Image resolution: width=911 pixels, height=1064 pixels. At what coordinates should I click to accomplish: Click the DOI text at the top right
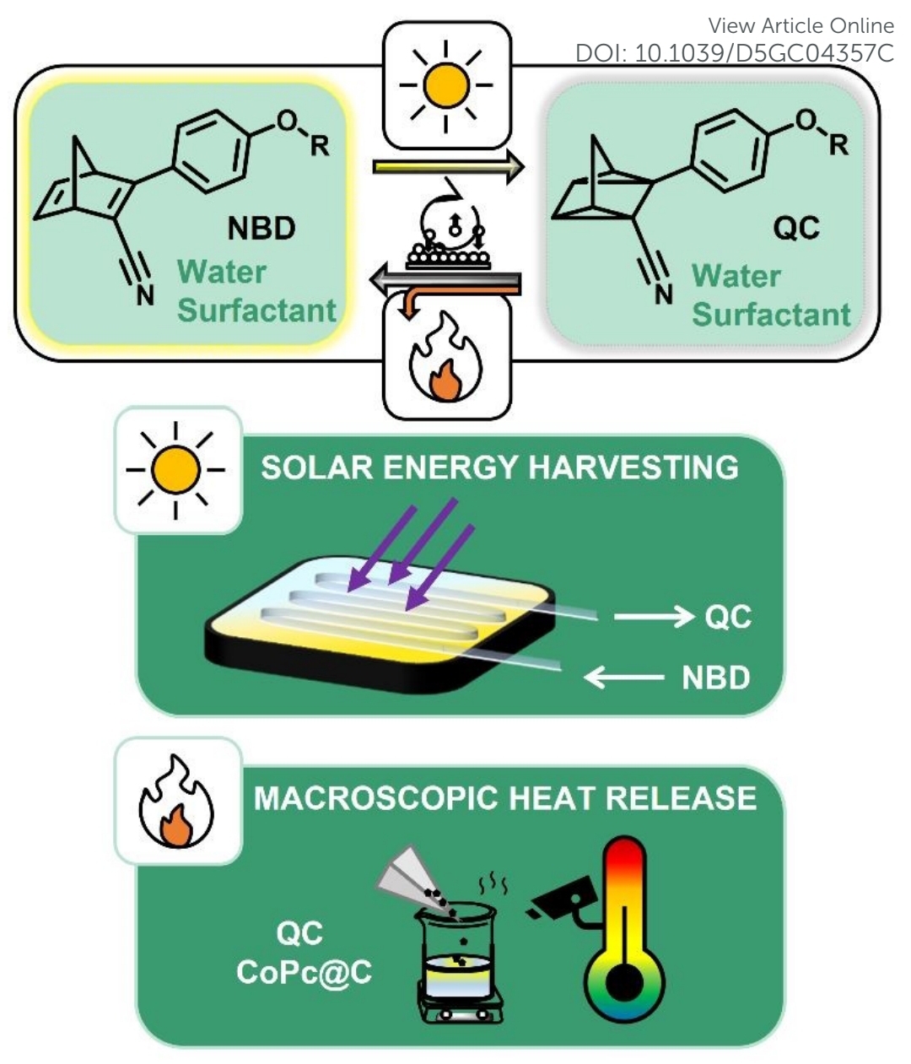coord(734,52)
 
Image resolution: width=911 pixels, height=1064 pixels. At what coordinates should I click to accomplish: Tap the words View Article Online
coord(800,25)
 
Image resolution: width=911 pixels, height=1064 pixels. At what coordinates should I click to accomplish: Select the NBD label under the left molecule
coord(261,228)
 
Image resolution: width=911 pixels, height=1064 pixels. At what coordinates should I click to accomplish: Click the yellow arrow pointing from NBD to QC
coord(447,167)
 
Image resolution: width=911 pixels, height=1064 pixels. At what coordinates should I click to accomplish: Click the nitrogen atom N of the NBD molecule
coord(146,294)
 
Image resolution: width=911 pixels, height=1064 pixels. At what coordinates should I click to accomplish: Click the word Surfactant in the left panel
coord(256,311)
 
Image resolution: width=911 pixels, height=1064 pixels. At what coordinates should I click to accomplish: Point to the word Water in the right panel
coord(736,276)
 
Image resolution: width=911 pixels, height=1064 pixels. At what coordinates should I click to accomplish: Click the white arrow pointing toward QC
coord(653,618)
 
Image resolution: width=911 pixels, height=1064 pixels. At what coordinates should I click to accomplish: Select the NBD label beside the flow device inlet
coord(715,678)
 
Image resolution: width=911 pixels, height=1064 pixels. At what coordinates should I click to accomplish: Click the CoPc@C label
coord(304,972)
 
